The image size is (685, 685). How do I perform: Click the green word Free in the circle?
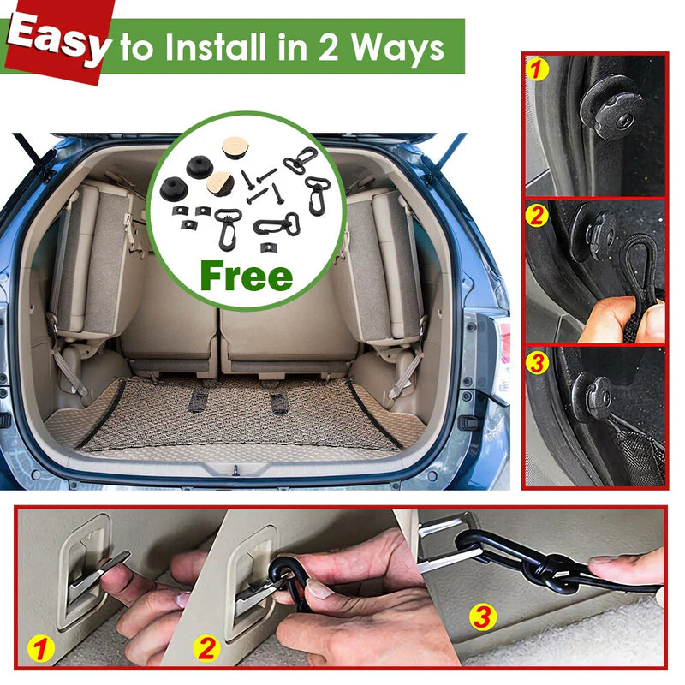click(x=247, y=277)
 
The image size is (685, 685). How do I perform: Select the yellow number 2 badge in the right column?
click(x=538, y=215)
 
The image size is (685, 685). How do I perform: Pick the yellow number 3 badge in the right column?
click(x=538, y=362)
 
